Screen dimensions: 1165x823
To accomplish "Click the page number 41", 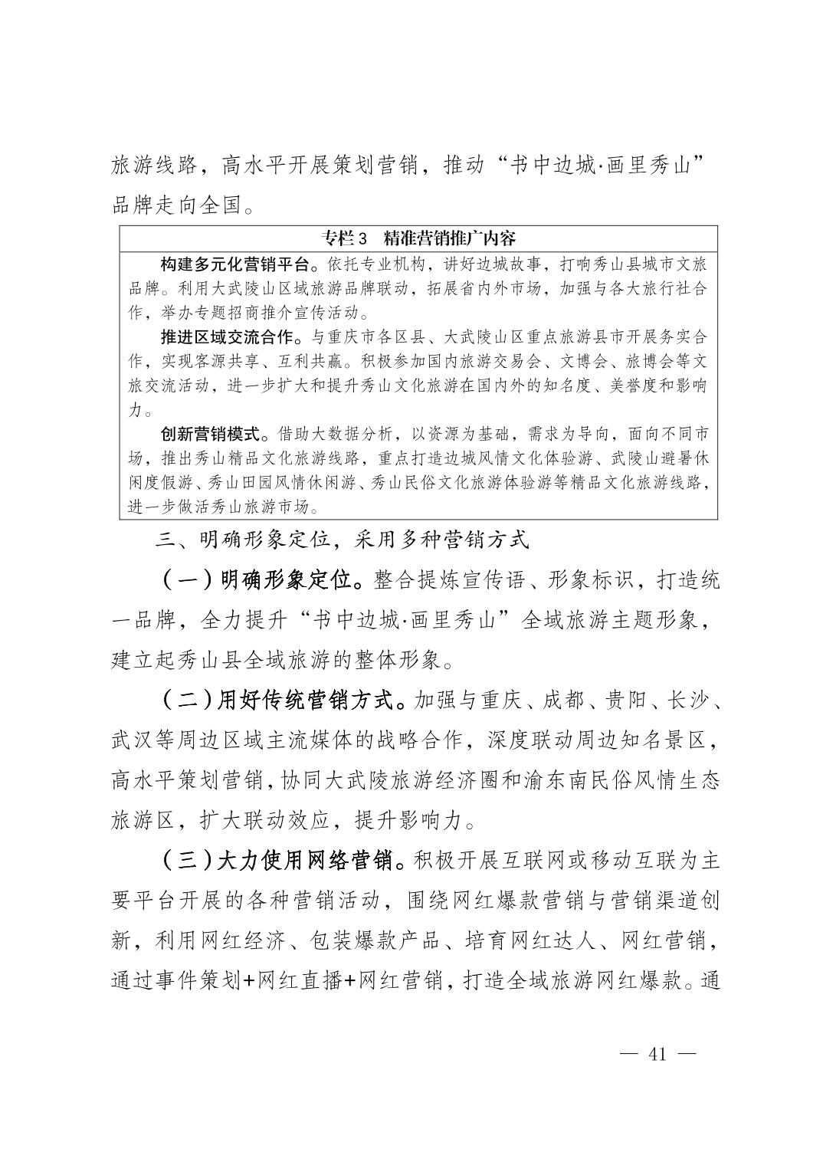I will [657, 1053].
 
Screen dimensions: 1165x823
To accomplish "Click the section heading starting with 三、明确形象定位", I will [342, 540].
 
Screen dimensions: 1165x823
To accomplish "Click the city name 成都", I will [566, 700].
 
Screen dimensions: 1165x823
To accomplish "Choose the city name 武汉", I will [134, 740].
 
